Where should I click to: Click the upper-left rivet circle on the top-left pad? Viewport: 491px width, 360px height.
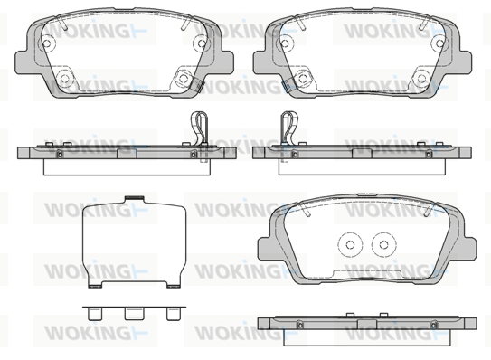click(x=48, y=43)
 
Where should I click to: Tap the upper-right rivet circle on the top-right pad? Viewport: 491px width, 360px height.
click(x=439, y=43)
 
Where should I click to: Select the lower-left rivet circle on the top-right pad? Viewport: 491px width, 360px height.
click(x=303, y=78)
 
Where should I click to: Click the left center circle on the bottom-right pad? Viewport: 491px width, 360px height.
click(x=350, y=244)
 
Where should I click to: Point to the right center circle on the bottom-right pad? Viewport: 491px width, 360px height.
click(x=384, y=244)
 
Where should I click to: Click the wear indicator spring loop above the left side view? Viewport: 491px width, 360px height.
click(x=199, y=128)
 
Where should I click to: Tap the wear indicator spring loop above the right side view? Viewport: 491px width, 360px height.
click(x=289, y=128)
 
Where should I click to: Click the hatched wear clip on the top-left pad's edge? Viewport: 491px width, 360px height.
click(x=199, y=85)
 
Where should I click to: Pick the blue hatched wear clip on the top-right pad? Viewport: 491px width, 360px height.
click(x=286, y=86)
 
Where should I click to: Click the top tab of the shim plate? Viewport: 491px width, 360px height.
click(x=135, y=198)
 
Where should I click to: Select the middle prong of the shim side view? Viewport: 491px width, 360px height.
click(x=135, y=314)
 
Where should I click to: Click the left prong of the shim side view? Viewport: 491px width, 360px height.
click(x=95, y=314)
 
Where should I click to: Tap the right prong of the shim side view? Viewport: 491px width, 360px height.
click(x=174, y=314)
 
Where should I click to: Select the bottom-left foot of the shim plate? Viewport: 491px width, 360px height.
click(x=95, y=286)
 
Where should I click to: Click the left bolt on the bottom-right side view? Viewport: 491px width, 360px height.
click(x=299, y=325)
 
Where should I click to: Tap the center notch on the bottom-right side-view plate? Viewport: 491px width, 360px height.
click(x=367, y=324)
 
